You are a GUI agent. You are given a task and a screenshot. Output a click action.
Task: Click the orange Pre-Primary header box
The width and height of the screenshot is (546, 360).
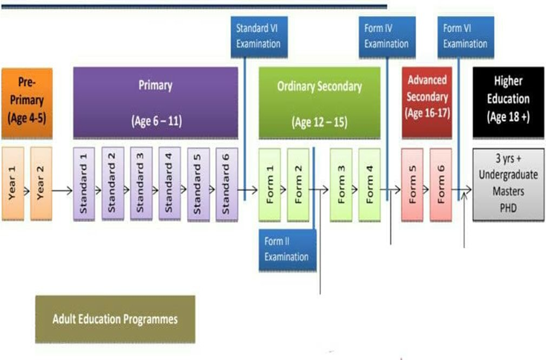pyautogui.click(x=26, y=102)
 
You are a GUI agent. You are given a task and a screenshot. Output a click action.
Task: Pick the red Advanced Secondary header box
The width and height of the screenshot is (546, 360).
pyautogui.click(x=427, y=102)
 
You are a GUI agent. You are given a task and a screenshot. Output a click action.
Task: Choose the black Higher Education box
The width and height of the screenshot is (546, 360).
pyautogui.click(x=503, y=102)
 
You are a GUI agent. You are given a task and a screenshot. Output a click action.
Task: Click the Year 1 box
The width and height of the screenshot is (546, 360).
pyautogui.click(x=13, y=183)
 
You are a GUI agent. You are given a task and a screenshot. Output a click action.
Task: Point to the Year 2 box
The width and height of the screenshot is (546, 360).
pyautogui.click(x=40, y=183)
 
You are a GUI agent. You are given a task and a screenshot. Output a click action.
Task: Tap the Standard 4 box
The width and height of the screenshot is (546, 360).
pyautogui.click(x=169, y=183)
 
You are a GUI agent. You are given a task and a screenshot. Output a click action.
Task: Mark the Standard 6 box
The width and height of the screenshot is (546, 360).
pyautogui.click(x=227, y=183)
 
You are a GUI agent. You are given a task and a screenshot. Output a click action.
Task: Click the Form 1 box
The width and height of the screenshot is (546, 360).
pyautogui.click(x=270, y=183)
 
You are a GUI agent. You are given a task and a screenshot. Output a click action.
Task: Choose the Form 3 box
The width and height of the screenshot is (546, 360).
pyautogui.click(x=341, y=183)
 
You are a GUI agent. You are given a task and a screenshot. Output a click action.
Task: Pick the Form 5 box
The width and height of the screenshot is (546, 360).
pyautogui.click(x=413, y=183)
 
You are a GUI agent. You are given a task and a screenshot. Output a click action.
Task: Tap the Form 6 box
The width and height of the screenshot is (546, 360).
pyautogui.click(x=441, y=183)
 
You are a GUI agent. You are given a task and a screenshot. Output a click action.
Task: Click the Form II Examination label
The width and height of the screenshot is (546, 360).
pyautogui.click(x=287, y=249)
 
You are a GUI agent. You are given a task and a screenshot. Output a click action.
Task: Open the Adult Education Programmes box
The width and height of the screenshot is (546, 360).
pyautogui.click(x=115, y=319)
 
